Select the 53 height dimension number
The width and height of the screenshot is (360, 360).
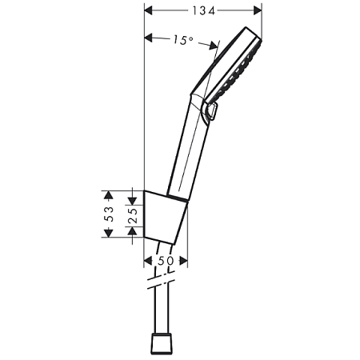[111, 214]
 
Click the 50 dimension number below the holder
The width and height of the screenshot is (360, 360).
[165, 262]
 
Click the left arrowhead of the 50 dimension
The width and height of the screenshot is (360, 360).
[148, 262]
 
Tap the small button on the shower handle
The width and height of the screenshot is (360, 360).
[212, 114]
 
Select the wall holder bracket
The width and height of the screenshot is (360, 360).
[166, 214]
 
